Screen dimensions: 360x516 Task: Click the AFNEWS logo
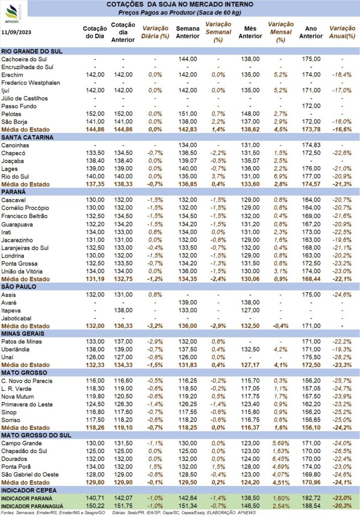[x=13, y=14]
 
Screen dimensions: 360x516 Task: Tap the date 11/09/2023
[x=17, y=32]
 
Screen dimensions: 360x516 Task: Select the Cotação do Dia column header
[x=95, y=32]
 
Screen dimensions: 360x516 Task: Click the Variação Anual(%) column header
[x=342, y=32]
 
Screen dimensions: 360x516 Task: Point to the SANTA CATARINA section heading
[x=27, y=137]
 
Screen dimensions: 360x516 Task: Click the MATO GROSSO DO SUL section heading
[x=36, y=435]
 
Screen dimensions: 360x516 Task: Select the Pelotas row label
[x=11, y=114]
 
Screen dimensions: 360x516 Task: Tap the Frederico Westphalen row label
[x=31, y=83]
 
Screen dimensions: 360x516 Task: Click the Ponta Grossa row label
[x=20, y=264]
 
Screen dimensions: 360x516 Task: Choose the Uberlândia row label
[x=16, y=350]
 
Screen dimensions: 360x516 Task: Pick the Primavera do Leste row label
[x=27, y=405]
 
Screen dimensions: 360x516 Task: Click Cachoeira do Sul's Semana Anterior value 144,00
[x=188, y=59]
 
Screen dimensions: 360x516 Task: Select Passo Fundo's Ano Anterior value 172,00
[x=311, y=106]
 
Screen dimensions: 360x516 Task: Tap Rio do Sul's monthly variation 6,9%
[x=280, y=176]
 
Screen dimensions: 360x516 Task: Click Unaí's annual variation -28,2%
[x=342, y=357]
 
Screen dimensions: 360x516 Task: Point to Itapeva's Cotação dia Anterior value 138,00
[x=123, y=310]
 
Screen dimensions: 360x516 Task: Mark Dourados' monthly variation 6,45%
[x=280, y=459]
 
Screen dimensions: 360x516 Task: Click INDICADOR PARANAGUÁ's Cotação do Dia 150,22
[x=95, y=506]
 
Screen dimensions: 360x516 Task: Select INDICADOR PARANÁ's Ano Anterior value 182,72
[x=311, y=498]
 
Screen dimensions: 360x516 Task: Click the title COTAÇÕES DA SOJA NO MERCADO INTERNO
[x=180, y=5]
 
